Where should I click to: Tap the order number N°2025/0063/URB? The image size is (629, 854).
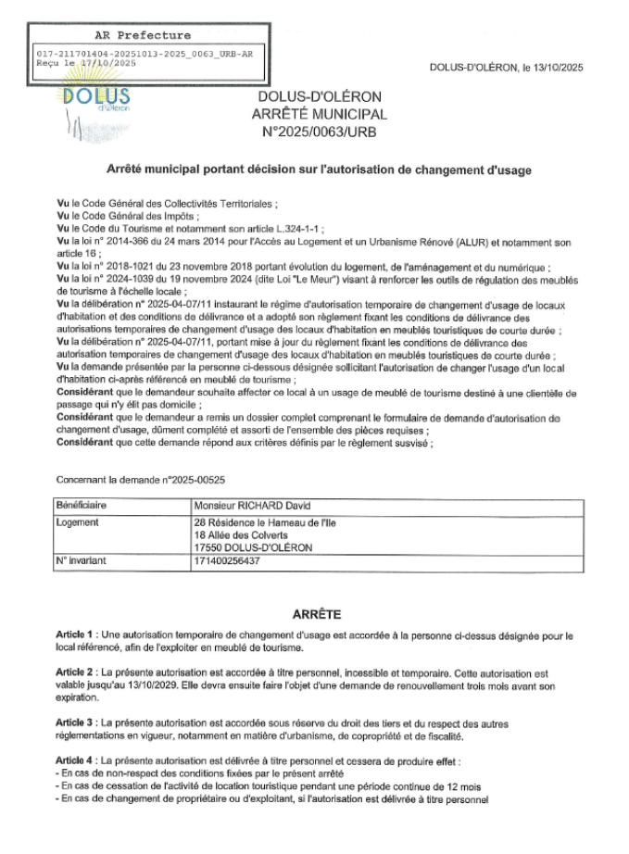coord(318,131)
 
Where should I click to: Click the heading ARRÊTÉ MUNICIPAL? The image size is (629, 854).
coord(318,114)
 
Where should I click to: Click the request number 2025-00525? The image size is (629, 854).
coord(193,480)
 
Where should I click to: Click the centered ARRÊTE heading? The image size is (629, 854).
coord(317,613)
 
